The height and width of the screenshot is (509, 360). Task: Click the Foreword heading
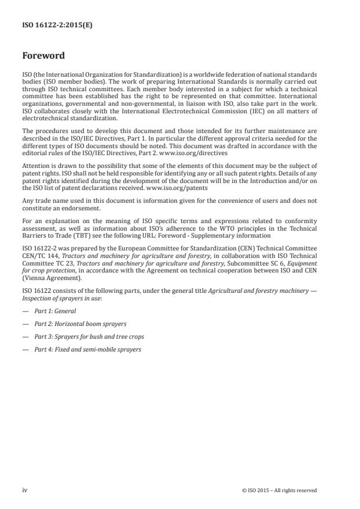coord(43,56)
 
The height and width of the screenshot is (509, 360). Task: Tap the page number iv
coord(24,490)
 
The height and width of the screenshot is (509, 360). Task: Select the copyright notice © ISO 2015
coord(279,490)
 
